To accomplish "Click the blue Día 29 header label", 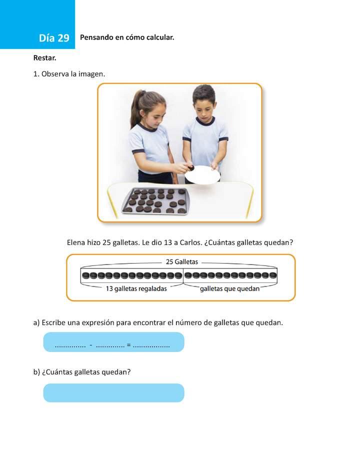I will click(54, 38).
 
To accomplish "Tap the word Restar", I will click(44, 58).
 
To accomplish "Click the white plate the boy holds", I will click(202, 175).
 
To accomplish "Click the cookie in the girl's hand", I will click(189, 167).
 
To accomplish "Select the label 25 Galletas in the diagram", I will click(182, 261).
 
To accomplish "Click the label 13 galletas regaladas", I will click(136, 288).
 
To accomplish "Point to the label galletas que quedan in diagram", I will click(229, 288).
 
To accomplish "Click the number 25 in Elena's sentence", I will click(106, 242).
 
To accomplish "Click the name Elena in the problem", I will click(76, 242).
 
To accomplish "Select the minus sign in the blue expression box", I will click(90, 344).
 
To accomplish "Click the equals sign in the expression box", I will click(128, 344).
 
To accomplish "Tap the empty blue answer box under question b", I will click(113, 393).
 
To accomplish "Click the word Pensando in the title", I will click(96, 37).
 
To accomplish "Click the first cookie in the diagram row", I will click(85, 275).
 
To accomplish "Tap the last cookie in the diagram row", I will click(273, 275).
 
